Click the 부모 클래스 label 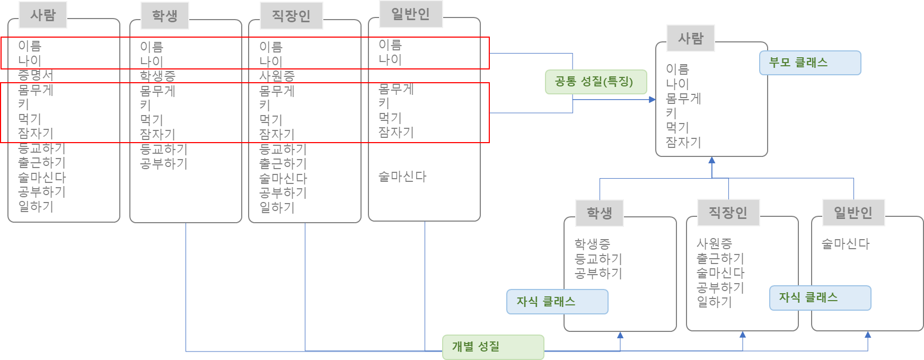pyautogui.click(x=809, y=63)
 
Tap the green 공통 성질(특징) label pyautogui.click(x=595, y=82)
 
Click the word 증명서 pyautogui.click(x=36, y=75)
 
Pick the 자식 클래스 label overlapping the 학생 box pyautogui.click(x=557, y=302)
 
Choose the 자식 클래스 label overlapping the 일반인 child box pyautogui.click(x=820, y=297)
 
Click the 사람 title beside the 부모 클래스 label pyautogui.click(x=691, y=38)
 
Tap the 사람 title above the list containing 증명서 pyautogui.click(x=43, y=15)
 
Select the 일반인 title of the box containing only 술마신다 pyautogui.click(x=853, y=213)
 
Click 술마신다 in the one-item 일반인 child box pyautogui.click(x=846, y=244)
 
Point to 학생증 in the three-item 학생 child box pyautogui.click(x=592, y=244)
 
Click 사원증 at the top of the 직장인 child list pyautogui.click(x=714, y=244)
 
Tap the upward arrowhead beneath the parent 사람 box pyautogui.click(x=711, y=160)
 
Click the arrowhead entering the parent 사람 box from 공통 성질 pyautogui.click(x=652, y=99)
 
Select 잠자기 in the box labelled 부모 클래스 pyautogui.click(x=683, y=142)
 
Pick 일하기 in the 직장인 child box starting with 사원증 pyautogui.click(x=714, y=302)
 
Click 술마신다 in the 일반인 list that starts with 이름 pyautogui.click(x=402, y=177)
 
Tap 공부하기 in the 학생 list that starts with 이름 pyautogui.click(x=164, y=164)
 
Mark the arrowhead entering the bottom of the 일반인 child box pyautogui.click(x=868, y=335)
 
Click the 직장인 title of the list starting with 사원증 pyautogui.click(x=728, y=213)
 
